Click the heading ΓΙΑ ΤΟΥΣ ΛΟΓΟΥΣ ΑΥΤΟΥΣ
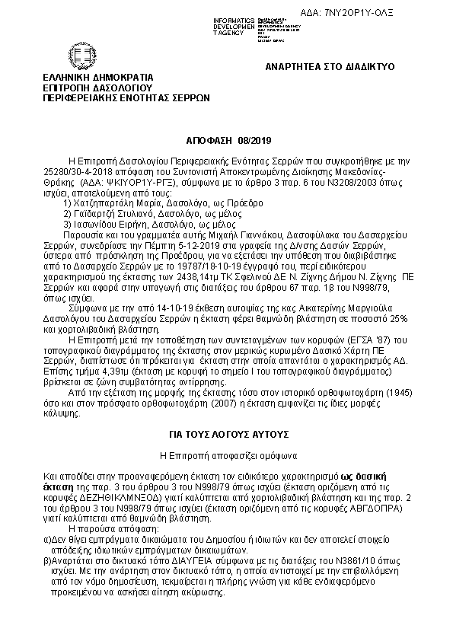(x=229, y=433)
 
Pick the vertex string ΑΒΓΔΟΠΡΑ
(x=365, y=506)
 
